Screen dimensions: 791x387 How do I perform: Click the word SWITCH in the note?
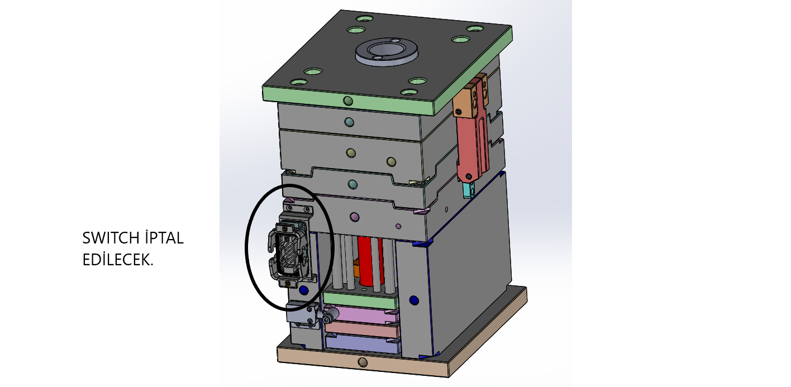tap(111, 238)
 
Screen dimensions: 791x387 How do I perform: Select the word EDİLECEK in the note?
tap(118, 260)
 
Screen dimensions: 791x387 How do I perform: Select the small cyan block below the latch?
tap(469, 190)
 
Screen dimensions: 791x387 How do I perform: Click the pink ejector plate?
tap(361, 314)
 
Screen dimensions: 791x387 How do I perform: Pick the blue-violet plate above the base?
tap(363, 344)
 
